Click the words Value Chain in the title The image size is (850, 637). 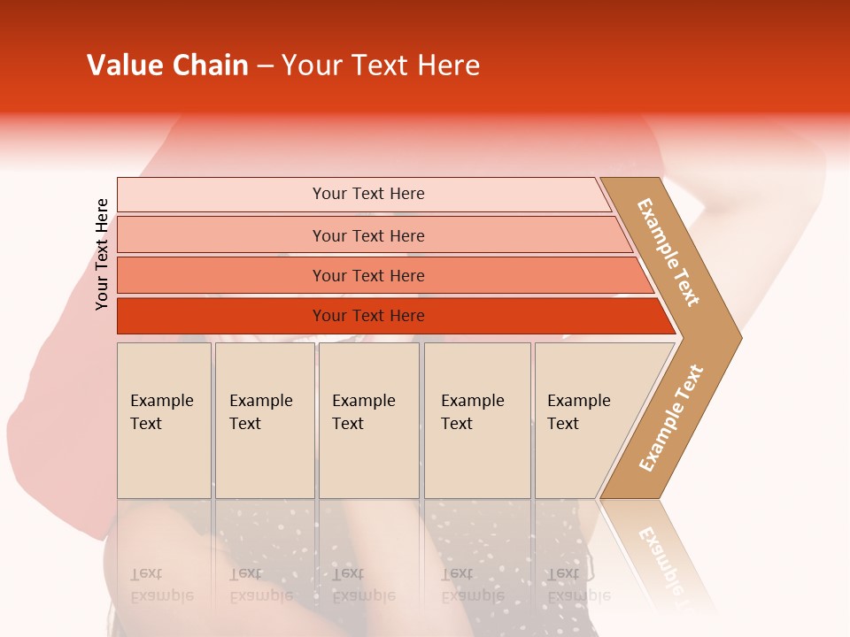(167, 65)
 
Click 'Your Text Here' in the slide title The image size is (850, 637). (380, 65)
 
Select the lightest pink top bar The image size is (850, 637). (221, 195)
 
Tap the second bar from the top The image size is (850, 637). (221, 235)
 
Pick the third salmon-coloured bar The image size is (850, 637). (221, 275)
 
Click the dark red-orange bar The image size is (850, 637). (221, 316)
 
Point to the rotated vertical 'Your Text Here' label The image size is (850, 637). (102, 255)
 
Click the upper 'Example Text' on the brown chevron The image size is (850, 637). (668, 252)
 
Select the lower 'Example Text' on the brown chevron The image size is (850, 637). (671, 418)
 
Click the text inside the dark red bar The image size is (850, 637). (368, 316)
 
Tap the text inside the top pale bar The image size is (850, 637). (368, 194)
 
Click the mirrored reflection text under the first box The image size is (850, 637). (161, 585)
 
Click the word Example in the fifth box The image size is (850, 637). (578, 401)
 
